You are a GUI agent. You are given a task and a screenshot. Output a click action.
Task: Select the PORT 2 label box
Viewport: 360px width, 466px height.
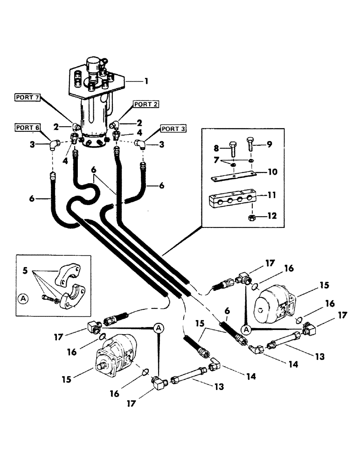click(146, 104)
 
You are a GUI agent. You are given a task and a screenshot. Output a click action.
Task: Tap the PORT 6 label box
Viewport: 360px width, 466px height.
click(27, 128)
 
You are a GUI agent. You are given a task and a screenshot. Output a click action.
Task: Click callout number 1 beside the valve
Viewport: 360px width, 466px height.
click(146, 81)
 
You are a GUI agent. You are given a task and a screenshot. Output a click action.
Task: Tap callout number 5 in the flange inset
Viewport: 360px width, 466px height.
click(25, 269)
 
